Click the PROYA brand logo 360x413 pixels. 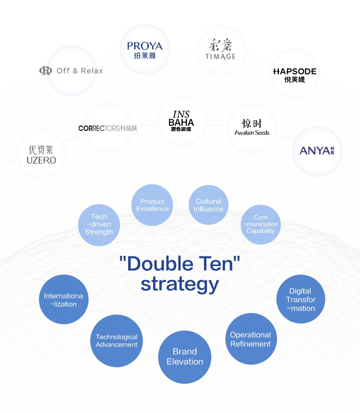pyautogui.click(x=145, y=49)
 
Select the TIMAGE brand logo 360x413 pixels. pyautogui.click(x=221, y=50)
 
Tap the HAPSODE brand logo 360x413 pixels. pyautogui.click(x=294, y=74)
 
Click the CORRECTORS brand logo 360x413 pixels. pyautogui.click(x=108, y=128)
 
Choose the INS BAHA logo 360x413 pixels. pyautogui.click(x=181, y=121)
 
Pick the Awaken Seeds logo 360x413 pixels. pyautogui.click(x=252, y=128)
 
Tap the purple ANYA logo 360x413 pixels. pyautogui.click(x=317, y=151)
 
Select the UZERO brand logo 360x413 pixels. pyautogui.click(x=41, y=155)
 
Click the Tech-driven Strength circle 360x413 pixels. pyautogui.click(x=99, y=224)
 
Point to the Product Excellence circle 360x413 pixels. pyautogui.click(x=152, y=205)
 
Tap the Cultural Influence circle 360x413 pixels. pyautogui.click(x=208, y=205)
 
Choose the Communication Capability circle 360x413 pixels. pyautogui.click(x=261, y=224)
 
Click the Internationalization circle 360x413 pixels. pyautogui.click(x=63, y=300)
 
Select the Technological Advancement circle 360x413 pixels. pyautogui.click(x=117, y=340)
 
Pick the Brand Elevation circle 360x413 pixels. pyautogui.click(x=185, y=357)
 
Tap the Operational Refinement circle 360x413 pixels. pyautogui.click(x=250, y=339)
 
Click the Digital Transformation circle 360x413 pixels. pyautogui.click(x=300, y=299)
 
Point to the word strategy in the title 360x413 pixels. pyautogui.click(x=180, y=283)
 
